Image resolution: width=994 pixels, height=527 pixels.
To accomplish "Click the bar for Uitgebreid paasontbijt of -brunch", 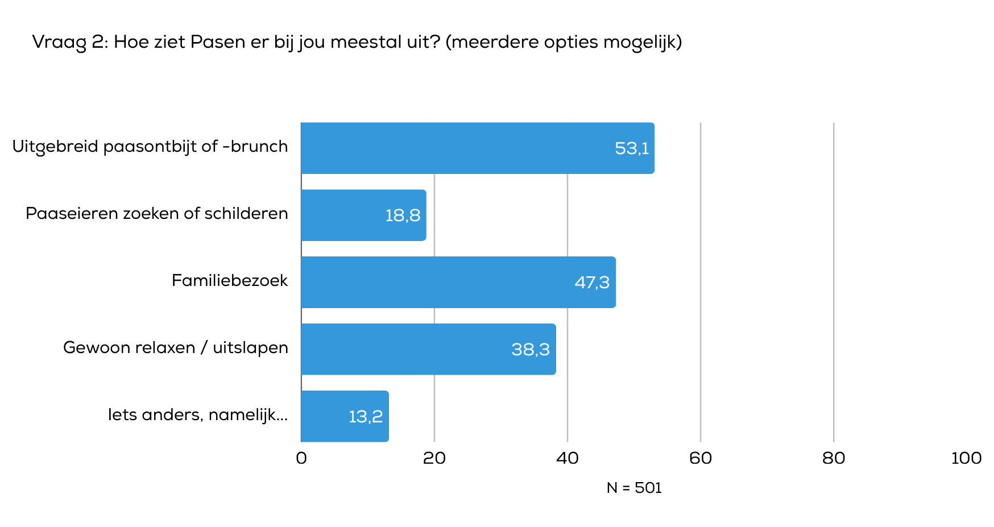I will (x=478, y=148).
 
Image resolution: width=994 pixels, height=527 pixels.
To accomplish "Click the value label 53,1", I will (x=632, y=148).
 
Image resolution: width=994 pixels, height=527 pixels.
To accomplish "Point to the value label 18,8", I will (x=403, y=215).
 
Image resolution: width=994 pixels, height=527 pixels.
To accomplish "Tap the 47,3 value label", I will (x=592, y=283).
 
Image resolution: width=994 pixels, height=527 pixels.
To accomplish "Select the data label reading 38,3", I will (x=531, y=350).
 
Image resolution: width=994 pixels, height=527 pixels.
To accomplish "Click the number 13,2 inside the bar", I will (x=366, y=417).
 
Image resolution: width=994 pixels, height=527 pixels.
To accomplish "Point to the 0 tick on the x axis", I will (x=301, y=458).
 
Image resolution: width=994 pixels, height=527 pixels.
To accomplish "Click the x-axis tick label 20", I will (x=434, y=458).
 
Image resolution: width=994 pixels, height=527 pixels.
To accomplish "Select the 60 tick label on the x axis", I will (x=701, y=458).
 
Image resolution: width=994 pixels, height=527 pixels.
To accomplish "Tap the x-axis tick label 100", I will (x=966, y=458).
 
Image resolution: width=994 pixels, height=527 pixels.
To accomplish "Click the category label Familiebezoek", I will (x=230, y=280).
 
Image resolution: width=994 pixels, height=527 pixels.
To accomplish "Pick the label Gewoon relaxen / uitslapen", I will (x=176, y=347).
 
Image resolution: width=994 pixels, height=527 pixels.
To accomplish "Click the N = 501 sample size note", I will (x=634, y=488).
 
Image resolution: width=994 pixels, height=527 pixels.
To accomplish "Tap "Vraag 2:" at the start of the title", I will (x=70, y=42).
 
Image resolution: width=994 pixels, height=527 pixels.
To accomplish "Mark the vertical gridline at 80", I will (x=834, y=284).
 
